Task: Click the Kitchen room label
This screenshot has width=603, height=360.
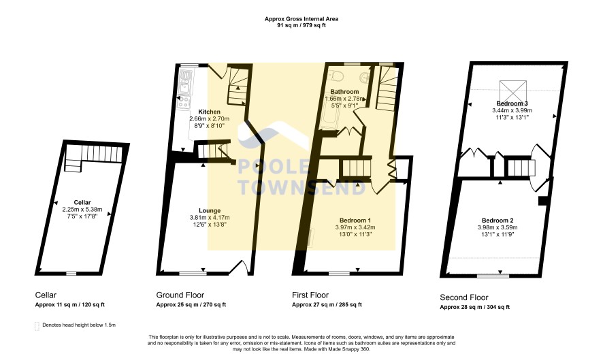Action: pos(210,112)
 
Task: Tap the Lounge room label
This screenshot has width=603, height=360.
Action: pos(210,210)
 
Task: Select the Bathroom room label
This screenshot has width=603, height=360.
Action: pos(344,92)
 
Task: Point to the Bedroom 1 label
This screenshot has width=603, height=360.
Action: pos(355,220)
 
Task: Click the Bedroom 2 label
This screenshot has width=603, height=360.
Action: pos(498,220)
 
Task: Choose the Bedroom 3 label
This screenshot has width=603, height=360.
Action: pos(512,103)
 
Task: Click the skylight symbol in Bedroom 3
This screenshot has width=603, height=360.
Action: pos(512,91)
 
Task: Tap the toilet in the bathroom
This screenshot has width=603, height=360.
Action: pos(337,76)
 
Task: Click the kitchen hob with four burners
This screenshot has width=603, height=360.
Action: pos(184,102)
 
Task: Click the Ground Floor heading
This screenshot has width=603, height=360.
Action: pos(180,295)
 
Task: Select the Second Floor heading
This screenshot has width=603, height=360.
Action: pos(463,297)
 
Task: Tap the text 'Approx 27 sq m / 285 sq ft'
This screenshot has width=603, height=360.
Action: pos(327,305)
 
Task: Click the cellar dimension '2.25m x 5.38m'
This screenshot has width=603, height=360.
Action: pos(82,210)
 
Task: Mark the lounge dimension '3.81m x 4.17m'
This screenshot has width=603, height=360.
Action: pos(210,217)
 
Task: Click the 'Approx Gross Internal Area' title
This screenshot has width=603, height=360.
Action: pos(301,18)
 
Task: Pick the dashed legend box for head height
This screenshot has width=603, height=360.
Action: pos(37,326)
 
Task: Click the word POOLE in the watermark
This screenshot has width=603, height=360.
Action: pos(274,167)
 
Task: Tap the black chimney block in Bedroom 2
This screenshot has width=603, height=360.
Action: pos(542,201)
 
